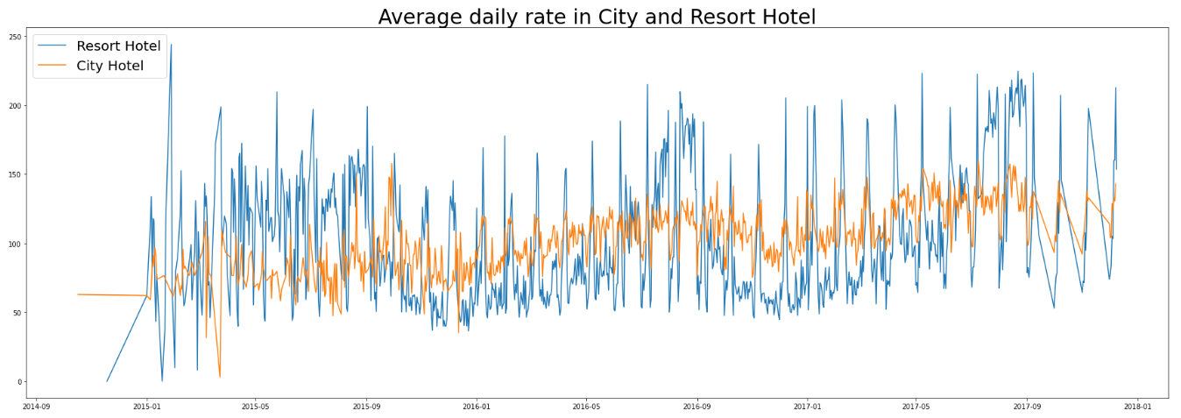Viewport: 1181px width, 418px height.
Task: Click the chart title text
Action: pyautogui.click(x=597, y=17)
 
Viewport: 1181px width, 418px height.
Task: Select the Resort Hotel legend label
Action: pyautogui.click(x=118, y=46)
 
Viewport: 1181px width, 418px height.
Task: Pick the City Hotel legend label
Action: pyautogui.click(x=110, y=66)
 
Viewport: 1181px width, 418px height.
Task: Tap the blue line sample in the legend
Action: pyautogui.click(x=53, y=46)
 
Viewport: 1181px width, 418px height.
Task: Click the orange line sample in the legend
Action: pyautogui.click(x=53, y=66)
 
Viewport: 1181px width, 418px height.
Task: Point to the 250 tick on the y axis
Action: pyautogui.click(x=16, y=37)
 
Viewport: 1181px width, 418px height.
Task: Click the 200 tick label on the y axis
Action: pyautogui.click(x=16, y=106)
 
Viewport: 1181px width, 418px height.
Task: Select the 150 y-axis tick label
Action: pyautogui.click(x=16, y=174)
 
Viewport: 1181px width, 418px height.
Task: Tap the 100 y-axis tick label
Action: pyautogui.click(x=16, y=244)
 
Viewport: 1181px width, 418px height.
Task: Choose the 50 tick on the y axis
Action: pyautogui.click(x=18, y=313)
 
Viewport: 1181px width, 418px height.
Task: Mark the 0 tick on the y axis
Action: pyautogui.click(x=19, y=382)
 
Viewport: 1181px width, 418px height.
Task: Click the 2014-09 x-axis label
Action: pyautogui.click(x=36, y=407)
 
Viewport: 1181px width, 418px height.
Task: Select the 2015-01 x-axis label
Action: pyautogui.click(x=146, y=407)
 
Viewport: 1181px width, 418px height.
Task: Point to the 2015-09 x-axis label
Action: pyautogui.click(x=366, y=407)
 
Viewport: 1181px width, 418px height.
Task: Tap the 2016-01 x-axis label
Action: pyautogui.click(x=477, y=407)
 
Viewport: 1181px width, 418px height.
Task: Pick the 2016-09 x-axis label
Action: pyautogui.click(x=697, y=407)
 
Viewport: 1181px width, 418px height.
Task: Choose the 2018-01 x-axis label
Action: pyautogui.click(x=1137, y=407)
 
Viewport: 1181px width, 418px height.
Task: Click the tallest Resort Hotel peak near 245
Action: pyautogui.click(x=171, y=45)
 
